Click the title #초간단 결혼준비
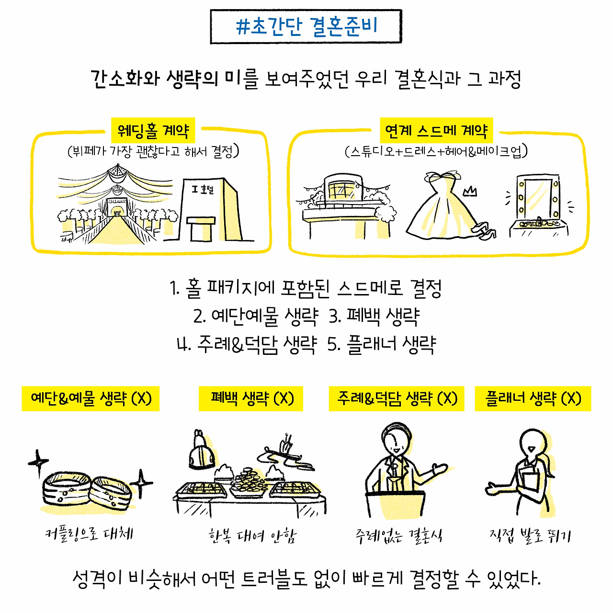pyautogui.click(x=306, y=27)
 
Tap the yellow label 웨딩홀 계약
pyautogui.click(x=153, y=130)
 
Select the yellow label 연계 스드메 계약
pyautogui.click(x=436, y=130)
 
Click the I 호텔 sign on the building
pyautogui.click(x=203, y=190)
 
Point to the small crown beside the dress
pyautogui.click(x=470, y=192)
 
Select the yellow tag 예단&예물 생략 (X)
pyautogui.click(x=91, y=398)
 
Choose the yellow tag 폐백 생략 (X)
pyautogui.click(x=251, y=398)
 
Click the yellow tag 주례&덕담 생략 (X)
pyautogui.click(x=397, y=398)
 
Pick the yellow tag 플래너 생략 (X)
pyautogui.click(x=533, y=398)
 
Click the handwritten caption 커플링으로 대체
pyautogui.click(x=89, y=533)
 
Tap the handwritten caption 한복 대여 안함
pyautogui.click(x=252, y=535)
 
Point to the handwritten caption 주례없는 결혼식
pyautogui.click(x=398, y=535)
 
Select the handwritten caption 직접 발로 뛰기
pyautogui.click(x=530, y=534)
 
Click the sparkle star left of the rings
pyautogui.click(x=38, y=463)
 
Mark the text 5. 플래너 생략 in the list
pyautogui.click(x=382, y=344)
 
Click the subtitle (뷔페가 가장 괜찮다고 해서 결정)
pyautogui.click(x=153, y=152)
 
